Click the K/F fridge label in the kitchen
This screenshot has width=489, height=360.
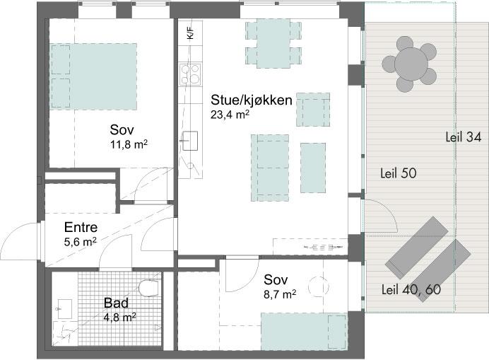click(x=191, y=33)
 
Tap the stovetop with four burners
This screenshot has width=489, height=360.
click(x=190, y=74)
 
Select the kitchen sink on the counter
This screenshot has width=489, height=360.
click(x=189, y=141)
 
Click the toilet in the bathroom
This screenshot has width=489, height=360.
click(x=149, y=288)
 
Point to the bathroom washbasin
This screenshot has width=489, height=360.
click(x=65, y=309)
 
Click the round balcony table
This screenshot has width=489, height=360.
click(x=411, y=64)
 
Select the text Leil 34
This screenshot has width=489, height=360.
click(x=464, y=137)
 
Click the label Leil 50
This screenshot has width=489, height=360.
click(x=399, y=173)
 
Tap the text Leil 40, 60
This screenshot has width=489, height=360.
click(x=411, y=289)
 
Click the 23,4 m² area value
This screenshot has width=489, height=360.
click(x=230, y=115)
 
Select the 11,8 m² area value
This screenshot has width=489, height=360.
click(x=129, y=144)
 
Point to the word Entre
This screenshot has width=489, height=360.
click(x=81, y=227)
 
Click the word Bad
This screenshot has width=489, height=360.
click(x=116, y=303)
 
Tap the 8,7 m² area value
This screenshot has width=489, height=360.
click(x=280, y=294)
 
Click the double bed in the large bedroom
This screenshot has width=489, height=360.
click(x=93, y=76)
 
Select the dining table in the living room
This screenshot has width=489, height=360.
click(x=273, y=43)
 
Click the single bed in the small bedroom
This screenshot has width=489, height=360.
click(x=304, y=332)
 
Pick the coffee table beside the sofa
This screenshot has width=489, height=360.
click(x=313, y=168)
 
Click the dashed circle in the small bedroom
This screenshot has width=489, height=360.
click(x=319, y=286)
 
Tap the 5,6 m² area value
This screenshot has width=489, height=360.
click(x=80, y=242)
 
